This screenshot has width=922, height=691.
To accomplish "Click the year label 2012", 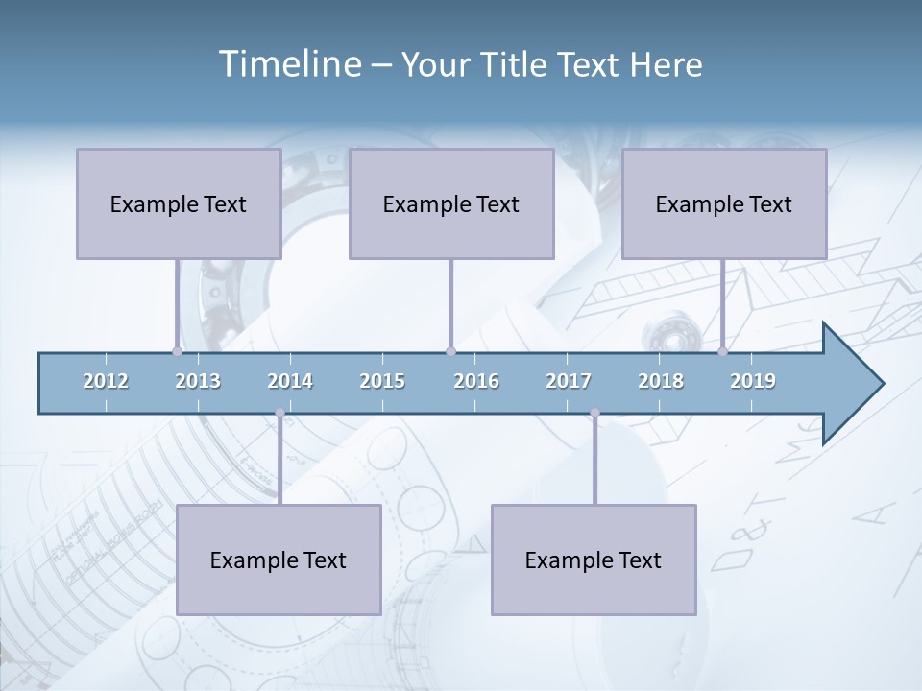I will (x=106, y=381).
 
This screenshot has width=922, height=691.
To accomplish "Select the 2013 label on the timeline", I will (x=198, y=381).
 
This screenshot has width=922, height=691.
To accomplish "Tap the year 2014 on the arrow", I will (x=290, y=381).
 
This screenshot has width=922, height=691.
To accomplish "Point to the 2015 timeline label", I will (x=382, y=381).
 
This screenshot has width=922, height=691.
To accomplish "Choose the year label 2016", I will (x=476, y=381).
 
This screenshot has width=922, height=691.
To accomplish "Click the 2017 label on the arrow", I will (x=569, y=381).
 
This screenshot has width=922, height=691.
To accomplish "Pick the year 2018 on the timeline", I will (x=661, y=381).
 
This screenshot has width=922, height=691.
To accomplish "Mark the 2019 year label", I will (x=753, y=381).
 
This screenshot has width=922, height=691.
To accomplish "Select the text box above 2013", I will (x=179, y=203).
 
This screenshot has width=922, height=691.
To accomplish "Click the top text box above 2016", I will (x=451, y=203).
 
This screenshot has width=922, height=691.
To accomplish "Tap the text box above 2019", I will (x=724, y=203).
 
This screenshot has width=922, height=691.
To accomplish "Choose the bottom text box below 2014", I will (x=279, y=560).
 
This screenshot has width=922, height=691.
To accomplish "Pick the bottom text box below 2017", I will (x=594, y=560).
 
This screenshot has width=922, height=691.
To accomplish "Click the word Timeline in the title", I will (x=287, y=64).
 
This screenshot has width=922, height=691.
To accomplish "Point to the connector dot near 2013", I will (x=177, y=352).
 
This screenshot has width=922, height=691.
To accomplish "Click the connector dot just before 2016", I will (x=450, y=352).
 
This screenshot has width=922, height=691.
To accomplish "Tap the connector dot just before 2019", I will (x=722, y=352).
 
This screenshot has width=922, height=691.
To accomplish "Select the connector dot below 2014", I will (x=279, y=413).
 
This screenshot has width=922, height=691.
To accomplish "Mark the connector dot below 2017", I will (x=594, y=413).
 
